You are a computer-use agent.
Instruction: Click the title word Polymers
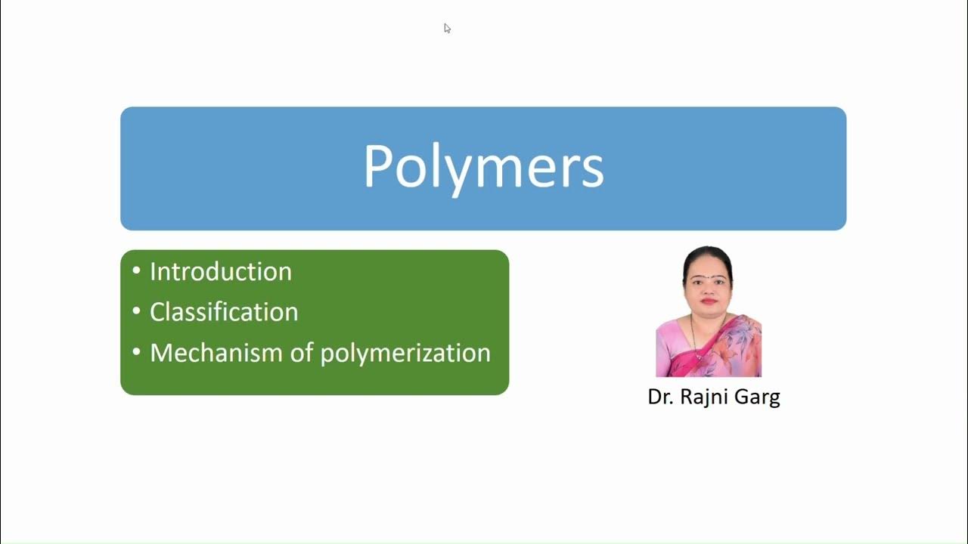(483, 167)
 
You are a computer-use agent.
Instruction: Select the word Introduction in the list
(221, 272)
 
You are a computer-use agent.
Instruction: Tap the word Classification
(224, 312)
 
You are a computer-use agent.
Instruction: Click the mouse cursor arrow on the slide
(447, 28)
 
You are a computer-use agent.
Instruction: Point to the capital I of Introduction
(154, 272)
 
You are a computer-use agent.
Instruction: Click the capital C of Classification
(157, 312)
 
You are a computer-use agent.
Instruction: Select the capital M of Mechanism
(161, 353)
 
